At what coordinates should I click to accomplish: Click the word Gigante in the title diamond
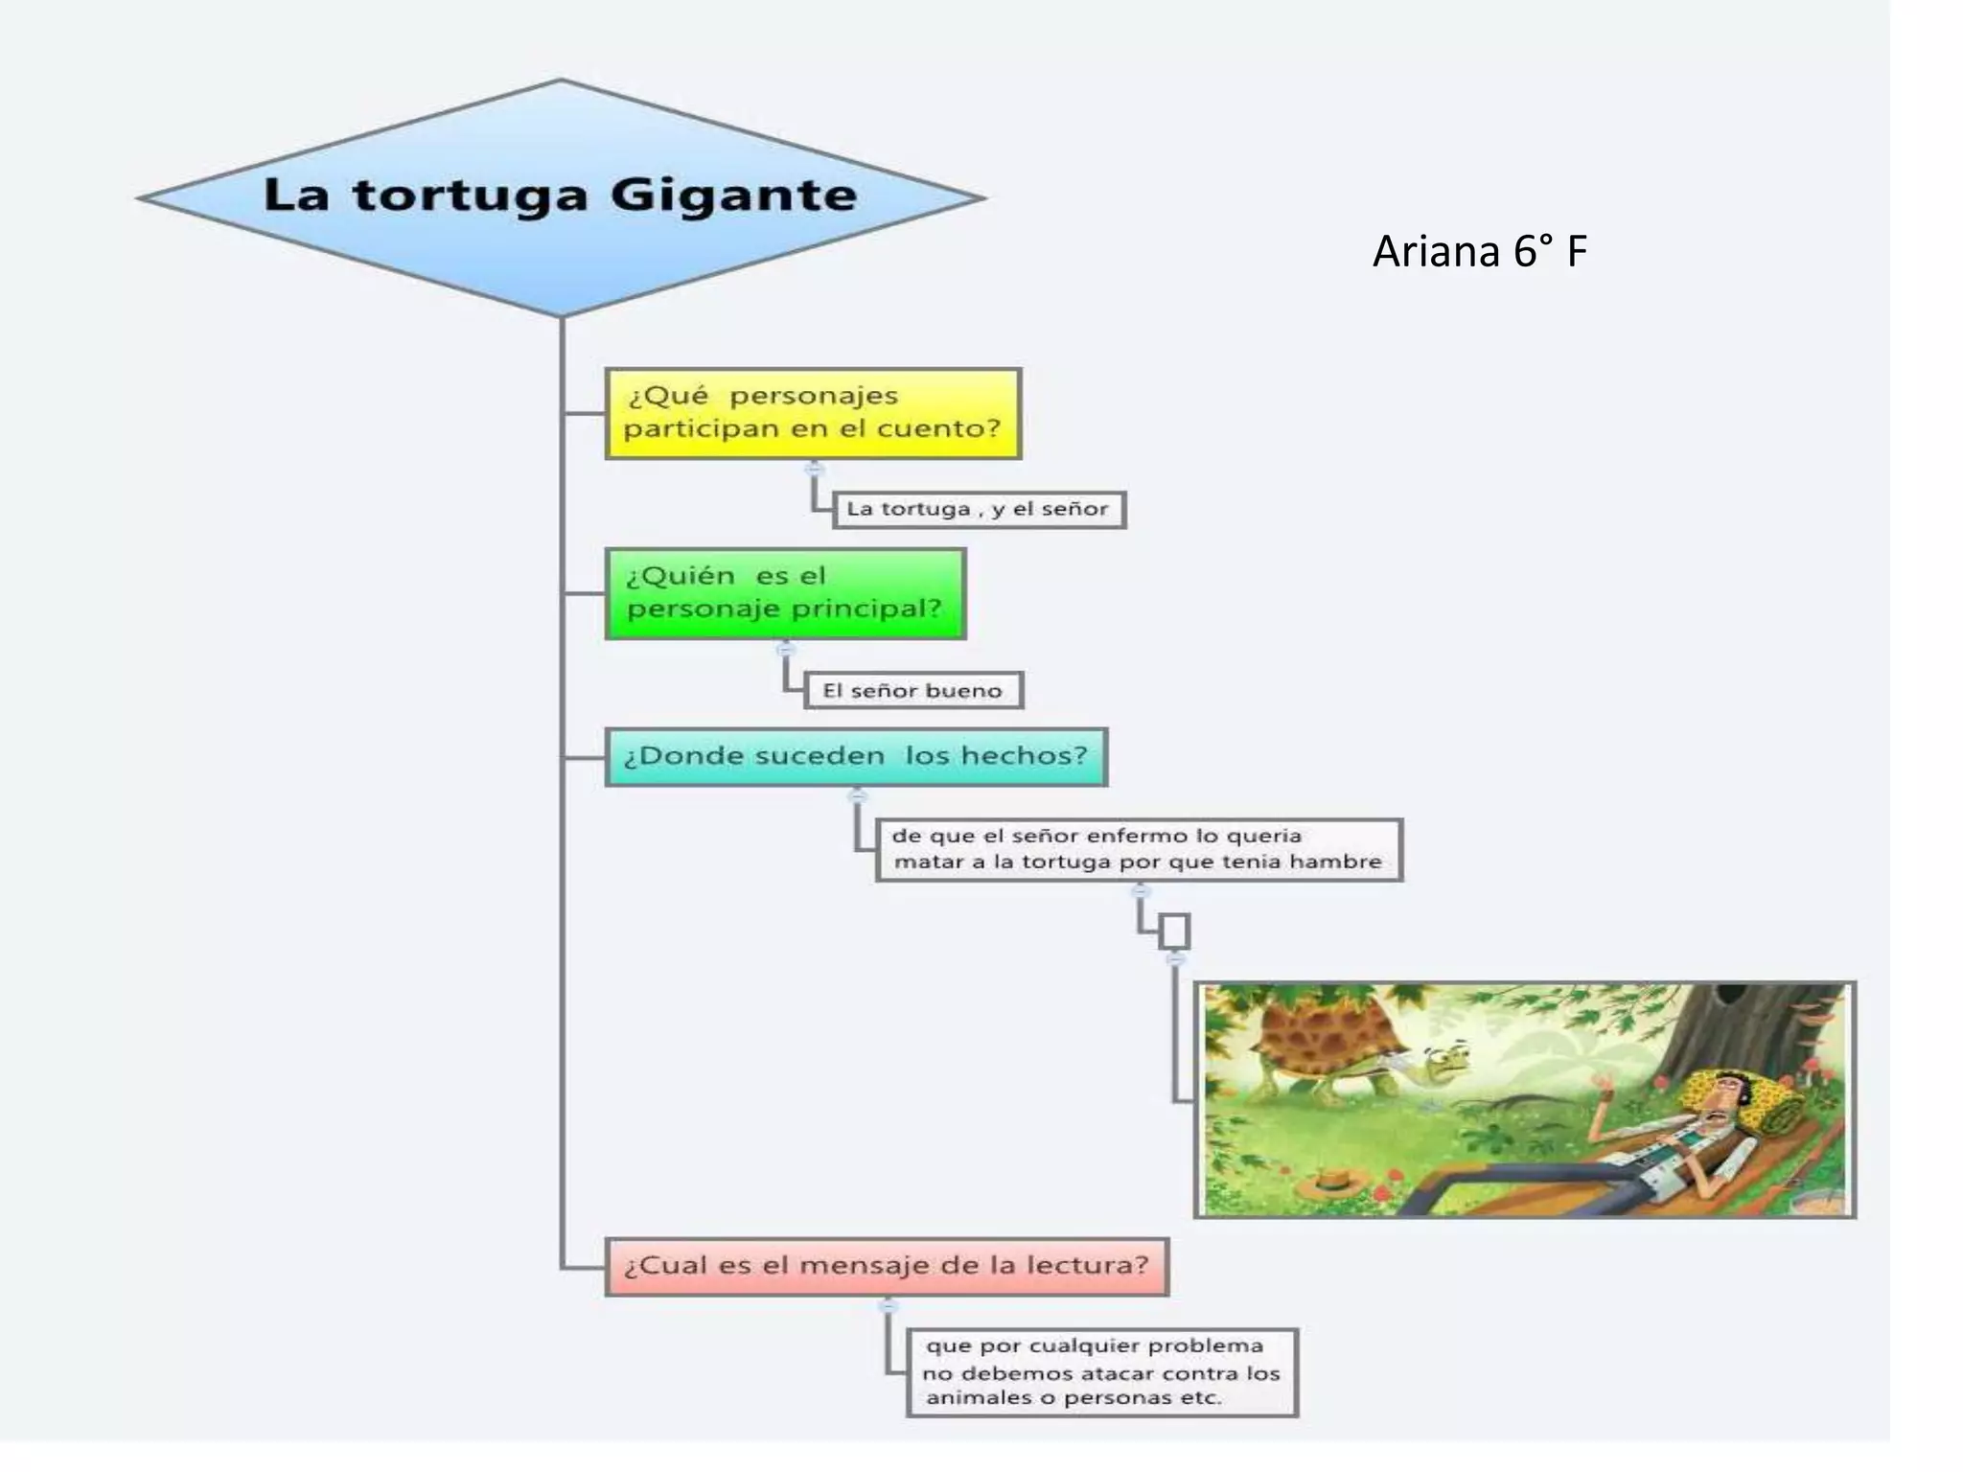pos(733,196)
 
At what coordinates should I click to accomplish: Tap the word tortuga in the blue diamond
pos(470,196)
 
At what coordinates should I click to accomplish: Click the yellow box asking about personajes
pos(813,413)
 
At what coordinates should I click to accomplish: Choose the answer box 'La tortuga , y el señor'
pos(979,509)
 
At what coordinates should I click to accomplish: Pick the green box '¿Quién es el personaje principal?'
pos(785,593)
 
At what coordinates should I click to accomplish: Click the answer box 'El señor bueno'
pos(912,690)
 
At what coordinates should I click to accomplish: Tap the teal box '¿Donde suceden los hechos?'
pos(856,756)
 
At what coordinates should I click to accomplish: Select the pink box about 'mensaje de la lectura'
pos(887,1266)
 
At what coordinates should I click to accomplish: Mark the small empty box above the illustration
pos(1174,931)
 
